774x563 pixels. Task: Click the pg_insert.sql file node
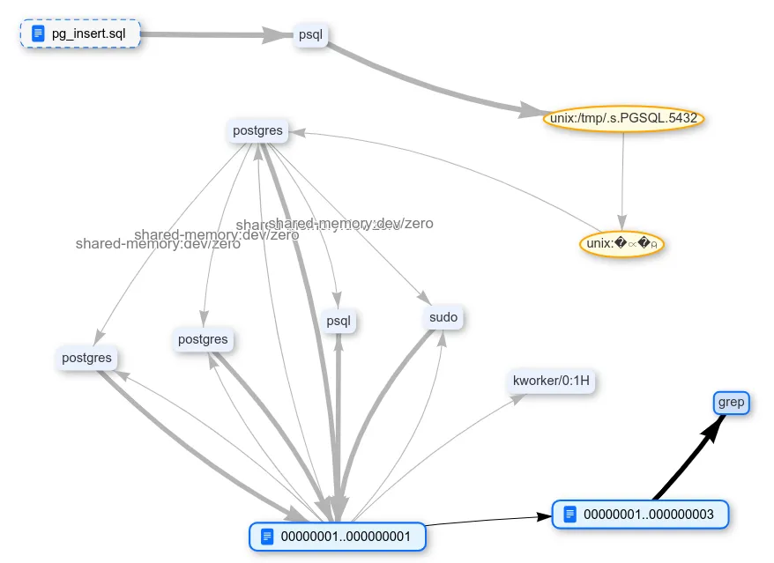[80, 34]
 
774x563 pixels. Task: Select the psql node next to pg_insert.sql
[310, 35]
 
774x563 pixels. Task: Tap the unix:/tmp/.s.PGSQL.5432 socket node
[624, 118]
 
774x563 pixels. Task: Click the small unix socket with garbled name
[621, 244]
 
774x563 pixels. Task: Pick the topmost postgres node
[257, 131]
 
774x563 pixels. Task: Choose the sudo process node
[443, 317]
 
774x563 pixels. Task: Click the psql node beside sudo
[339, 321]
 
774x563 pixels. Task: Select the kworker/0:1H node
[551, 382]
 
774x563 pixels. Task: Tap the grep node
[731, 403]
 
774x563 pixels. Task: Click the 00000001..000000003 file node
[640, 514]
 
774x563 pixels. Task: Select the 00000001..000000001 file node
[339, 536]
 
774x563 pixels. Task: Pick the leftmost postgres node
[86, 358]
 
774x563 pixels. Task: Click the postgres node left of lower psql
[203, 339]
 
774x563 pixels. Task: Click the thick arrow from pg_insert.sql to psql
[216, 34]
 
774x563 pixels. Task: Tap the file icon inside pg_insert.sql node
[37, 34]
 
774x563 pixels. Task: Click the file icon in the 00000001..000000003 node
[569, 514]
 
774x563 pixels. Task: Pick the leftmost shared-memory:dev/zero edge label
[158, 244]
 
